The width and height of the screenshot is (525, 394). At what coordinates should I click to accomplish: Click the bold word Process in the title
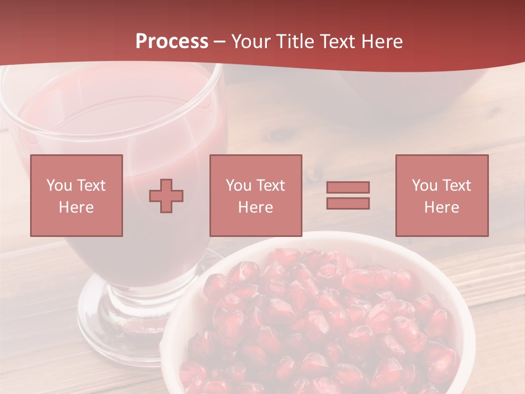pos(172,42)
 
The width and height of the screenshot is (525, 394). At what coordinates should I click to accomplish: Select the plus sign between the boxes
pos(166,196)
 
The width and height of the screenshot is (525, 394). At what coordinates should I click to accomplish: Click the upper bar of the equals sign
pos(348,187)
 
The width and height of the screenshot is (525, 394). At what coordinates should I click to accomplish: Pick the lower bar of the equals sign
pos(348,204)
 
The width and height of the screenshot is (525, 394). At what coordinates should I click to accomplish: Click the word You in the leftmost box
pos(59,186)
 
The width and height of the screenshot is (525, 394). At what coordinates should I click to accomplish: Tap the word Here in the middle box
pos(255,207)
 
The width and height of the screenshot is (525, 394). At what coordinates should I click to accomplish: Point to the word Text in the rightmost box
pos(455,186)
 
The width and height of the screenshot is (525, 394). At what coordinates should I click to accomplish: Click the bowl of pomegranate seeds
pos(323,328)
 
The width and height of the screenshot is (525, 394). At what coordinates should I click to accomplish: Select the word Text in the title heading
pos(337,42)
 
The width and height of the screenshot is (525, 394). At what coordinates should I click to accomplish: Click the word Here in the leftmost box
pos(76,207)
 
